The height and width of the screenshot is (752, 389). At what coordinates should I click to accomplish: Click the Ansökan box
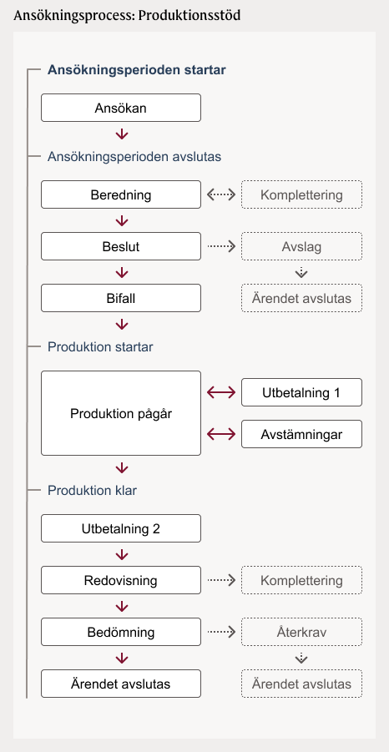pyautogui.click(x=121, y=108)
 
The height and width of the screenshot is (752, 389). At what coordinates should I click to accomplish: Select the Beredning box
pyautogui.click(x=121, y=194)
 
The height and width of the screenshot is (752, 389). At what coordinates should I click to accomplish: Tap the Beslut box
pyautogui.click(x=121, y=246)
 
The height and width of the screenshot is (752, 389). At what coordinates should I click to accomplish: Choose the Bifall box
pyautogui.click(x=121, y=298)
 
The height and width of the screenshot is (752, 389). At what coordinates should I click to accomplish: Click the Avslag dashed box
pyautogui.click(x=301, y=246)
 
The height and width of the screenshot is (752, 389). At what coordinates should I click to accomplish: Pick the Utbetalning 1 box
pyautogui.click(x=301, y=393)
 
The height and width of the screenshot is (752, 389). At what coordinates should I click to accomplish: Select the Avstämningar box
pyautogui.click(x=301, y=435)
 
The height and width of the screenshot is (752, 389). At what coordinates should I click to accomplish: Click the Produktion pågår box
pyautogui.click(x=121, y=413)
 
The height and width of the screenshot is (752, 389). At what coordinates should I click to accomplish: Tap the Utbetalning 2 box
pyautogui.click(x=121, y=528)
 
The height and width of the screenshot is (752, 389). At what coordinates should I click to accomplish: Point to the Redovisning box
pyautogui.click(x=121, y=580)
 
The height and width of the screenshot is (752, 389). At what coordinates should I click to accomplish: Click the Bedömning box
pyautogui.click(x=121, y=632)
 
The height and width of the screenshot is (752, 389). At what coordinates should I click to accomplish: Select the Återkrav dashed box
pyautogui.click(x=301, y=632)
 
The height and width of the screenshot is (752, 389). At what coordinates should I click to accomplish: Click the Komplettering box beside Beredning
pyautogui.click(x=301, y=194)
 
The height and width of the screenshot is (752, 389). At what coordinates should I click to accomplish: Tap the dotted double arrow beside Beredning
pyautogui.click(x=221, y=194)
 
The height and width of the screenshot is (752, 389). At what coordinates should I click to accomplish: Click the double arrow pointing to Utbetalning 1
pyautogui.click(x=221, y=393)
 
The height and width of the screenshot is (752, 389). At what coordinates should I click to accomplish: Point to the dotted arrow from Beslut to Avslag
pyautogui.click(x=221, y=246)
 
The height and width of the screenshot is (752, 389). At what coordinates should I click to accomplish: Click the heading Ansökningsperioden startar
pyautogui.click(x=137, y=70)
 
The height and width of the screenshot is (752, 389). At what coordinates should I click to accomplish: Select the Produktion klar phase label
pyautogui.click(x=92, y=491)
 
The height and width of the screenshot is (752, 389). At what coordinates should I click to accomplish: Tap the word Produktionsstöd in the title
pyautogui.click(x=189, y=15)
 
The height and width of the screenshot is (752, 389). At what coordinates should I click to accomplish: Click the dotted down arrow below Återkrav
pyautogui.click(x=301, y=659)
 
